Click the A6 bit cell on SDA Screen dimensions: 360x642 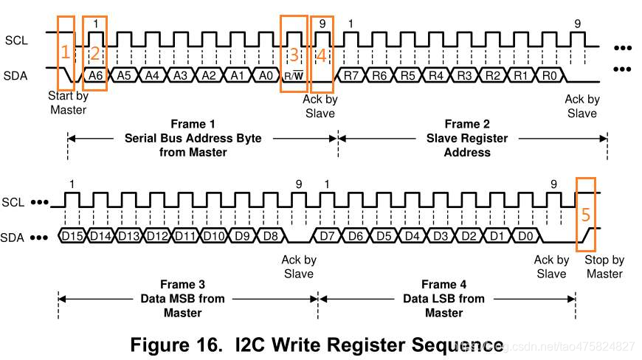click(95, 75)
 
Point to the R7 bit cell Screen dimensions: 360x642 click(351, 75)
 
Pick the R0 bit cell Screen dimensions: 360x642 click(549, 75)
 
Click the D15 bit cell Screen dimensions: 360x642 click(72, 236)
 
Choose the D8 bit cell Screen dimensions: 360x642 click(270, 236)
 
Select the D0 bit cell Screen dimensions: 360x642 click(525, 236)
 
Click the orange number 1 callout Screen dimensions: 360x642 click(65, 52)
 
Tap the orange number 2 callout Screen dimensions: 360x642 click(94, 53)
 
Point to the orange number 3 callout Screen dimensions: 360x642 click(294, 54)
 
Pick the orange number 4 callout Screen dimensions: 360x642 click(322, 54)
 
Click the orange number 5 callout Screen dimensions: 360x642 click(585, 215)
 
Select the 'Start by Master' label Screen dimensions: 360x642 click(68, 103)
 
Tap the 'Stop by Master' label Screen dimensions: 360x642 click(604, 266)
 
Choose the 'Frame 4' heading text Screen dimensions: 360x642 click(444, 285)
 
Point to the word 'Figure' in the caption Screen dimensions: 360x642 click(165, 345)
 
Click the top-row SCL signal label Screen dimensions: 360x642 click(16, 40)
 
